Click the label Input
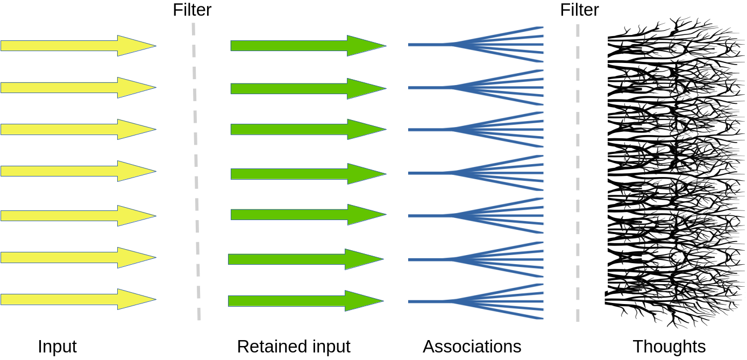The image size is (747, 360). point(57,346)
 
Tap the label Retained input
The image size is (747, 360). point(294,346)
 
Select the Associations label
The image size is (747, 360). point(472,346)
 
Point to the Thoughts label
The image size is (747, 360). point(669,346)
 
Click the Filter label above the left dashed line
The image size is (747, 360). point(192,10)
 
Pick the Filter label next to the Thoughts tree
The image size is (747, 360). point(579,10)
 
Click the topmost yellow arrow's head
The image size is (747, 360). point(134,46)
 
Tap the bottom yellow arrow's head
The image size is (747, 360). point(134,299)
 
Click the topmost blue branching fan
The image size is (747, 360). point(484,44)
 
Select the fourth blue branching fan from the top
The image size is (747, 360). point(484,173)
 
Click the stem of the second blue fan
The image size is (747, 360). point(428,87)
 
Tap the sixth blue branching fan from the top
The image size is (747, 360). point(484,259)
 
